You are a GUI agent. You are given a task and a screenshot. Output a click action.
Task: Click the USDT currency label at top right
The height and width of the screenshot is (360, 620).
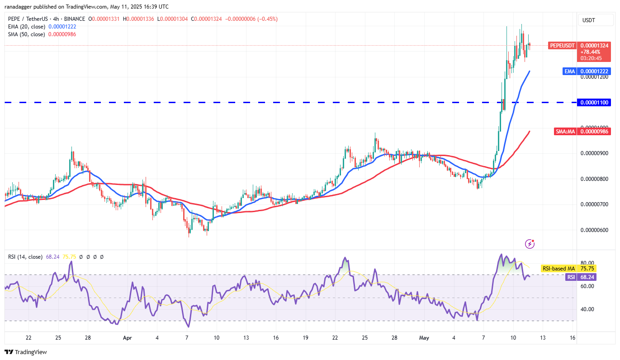click(589, 20)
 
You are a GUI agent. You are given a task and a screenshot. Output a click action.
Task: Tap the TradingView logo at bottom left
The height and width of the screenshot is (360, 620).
click(26, 352)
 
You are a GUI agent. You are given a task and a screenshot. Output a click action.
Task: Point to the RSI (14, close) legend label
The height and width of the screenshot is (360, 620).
click(25, 257)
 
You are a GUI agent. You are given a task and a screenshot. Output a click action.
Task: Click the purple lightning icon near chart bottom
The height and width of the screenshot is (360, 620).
click(530, 244)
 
